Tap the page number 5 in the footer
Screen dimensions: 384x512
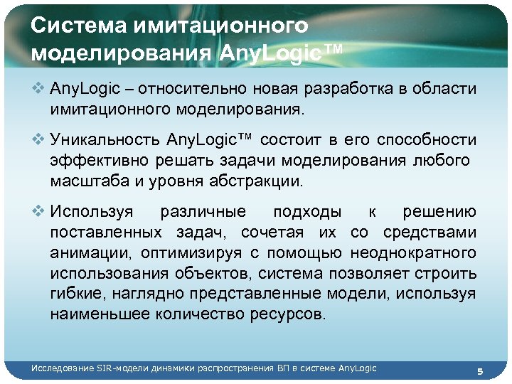point(480,371)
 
